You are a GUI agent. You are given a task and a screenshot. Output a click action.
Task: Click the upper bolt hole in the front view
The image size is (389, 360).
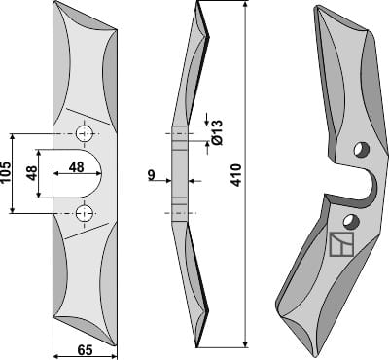tap(85, 131)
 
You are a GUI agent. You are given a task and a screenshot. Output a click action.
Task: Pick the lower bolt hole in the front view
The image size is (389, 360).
tap(85, 212)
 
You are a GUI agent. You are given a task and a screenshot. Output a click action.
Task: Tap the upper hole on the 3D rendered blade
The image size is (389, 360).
tap(361, 149)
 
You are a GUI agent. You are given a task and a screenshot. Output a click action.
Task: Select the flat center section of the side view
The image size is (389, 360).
tap(179, 175)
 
